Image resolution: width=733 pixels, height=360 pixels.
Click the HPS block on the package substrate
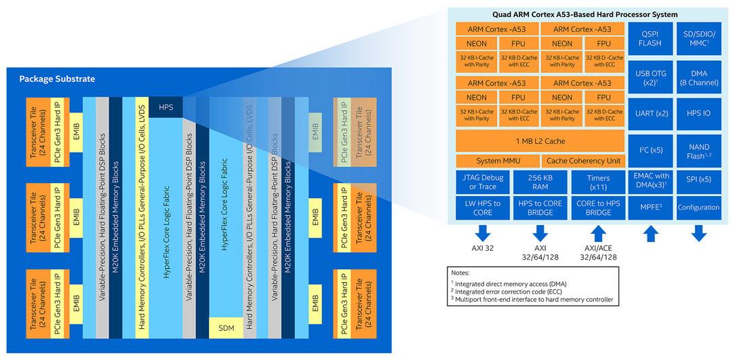[165, 107]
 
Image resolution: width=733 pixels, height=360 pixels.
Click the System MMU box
[497, 161]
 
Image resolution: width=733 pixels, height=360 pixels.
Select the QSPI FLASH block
[650, 39]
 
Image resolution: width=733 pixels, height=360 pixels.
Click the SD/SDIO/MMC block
[700, 39]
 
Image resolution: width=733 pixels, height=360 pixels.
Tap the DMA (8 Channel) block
[700, 76]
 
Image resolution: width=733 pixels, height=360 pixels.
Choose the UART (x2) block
[650, 113]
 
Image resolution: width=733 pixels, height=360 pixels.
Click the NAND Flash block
[700, 151]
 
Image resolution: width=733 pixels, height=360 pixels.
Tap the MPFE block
[650, 207]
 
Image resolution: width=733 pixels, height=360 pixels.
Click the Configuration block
[700, 207]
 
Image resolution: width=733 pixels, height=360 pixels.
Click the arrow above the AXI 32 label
[483, 233]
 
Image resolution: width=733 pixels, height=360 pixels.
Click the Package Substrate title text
[57, 79]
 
